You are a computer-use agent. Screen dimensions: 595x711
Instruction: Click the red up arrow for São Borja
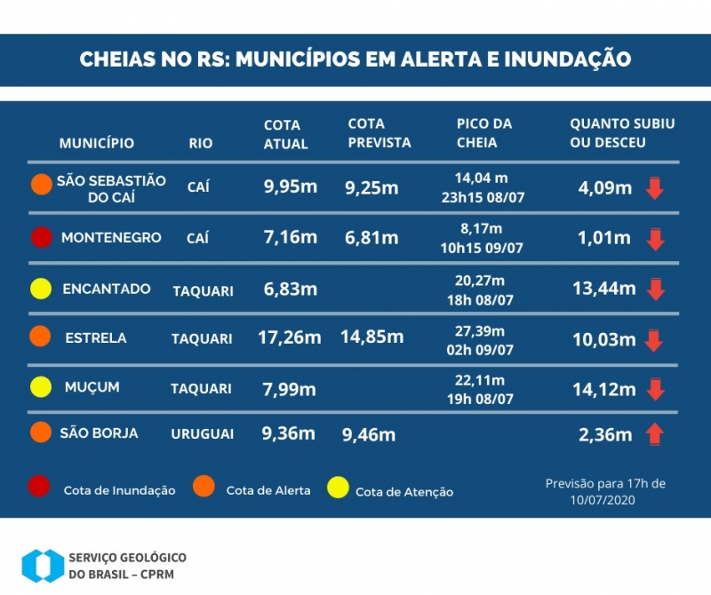pos(655,434)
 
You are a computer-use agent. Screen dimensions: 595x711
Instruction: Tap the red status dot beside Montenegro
pos(40,238)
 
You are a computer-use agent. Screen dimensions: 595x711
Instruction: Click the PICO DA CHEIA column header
pos(483,133)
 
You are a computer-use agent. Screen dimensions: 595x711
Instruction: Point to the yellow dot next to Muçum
pos(40,388)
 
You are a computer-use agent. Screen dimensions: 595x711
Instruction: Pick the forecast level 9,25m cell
pos(371,187)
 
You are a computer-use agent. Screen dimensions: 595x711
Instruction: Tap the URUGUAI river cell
pos(202,434)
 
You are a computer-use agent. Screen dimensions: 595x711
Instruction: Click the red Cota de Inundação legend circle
pos(40,487)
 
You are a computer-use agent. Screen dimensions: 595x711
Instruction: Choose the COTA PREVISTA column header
pos(379,133)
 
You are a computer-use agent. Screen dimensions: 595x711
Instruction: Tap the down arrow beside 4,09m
pos(655,188)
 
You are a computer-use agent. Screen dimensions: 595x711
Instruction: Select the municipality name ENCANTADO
pos(107,289)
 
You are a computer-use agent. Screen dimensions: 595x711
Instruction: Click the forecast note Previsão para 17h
pos(605,491)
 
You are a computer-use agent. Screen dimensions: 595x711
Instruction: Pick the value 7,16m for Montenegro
pos(291,237)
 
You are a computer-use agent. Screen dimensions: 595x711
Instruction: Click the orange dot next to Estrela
pos(40,337)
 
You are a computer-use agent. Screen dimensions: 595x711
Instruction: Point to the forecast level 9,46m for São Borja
pos(369,435)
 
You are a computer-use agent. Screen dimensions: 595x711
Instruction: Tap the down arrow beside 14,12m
pos(655,389)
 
